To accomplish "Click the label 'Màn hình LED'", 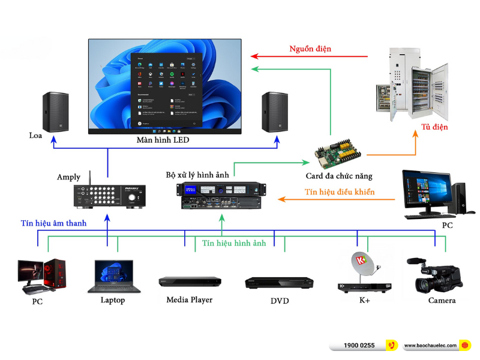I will (x=163, y=140).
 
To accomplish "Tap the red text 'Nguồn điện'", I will (x=310, y=49).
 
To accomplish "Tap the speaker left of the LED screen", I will (x=55, y=112).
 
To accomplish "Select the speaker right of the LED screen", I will (x=275, y=112).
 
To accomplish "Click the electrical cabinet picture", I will (x=411, y=84).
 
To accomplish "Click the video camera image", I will (x=436, y=273).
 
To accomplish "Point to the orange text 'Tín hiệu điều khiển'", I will (x=340, y=193).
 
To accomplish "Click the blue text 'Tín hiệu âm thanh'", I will (x=53, y=223).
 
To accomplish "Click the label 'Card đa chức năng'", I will (x=339, y=176).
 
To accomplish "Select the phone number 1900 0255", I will (x=359, y=346).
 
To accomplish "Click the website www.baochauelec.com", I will (x=430, y=346).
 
